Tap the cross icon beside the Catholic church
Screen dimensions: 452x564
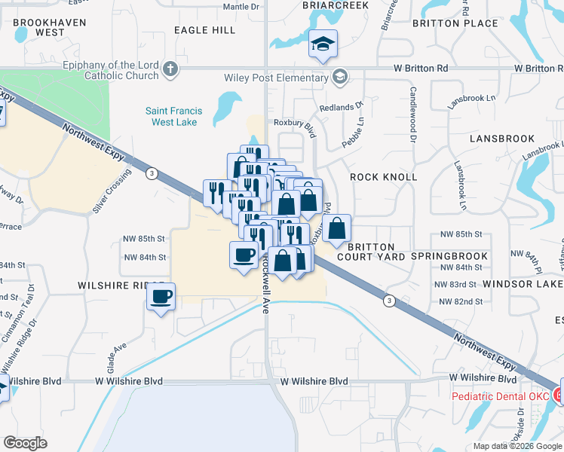click(x=171, y=71)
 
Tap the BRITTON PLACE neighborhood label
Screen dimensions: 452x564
click(x=455, y=23)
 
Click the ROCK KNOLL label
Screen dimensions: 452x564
click(x=384, y=177)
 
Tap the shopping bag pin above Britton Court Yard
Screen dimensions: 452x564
click(x=337, y=228)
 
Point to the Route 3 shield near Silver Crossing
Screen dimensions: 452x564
click(x=152, y=173)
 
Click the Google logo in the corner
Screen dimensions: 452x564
click(x=25, y=442)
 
